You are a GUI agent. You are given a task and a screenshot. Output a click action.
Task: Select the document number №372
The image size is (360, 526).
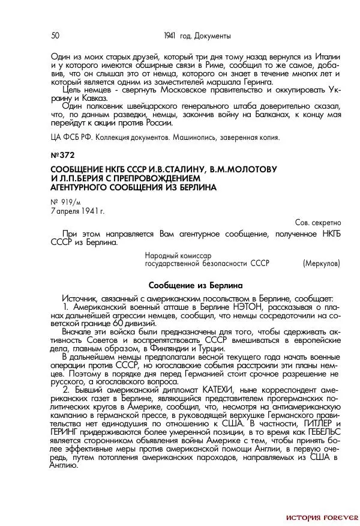tap(62, 154)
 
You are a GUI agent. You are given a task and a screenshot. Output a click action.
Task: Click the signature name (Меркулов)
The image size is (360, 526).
tap(322, 263)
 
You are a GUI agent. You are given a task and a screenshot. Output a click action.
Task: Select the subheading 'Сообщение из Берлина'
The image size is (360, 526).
tap(195, 286)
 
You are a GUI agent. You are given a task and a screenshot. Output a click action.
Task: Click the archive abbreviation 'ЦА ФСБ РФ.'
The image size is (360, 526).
tap(68, 137)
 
